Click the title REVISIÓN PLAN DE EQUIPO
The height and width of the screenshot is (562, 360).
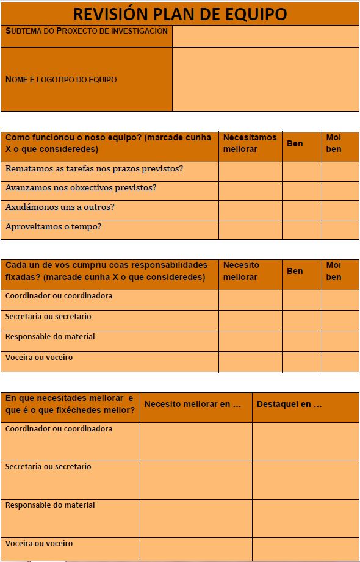(x=180, y=13)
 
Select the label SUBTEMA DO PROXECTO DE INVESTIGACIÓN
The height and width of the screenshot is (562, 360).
(x=86, y=31)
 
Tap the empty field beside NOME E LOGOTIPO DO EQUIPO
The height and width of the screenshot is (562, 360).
(x=265, y=79)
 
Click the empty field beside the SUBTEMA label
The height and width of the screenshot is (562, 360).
(x=265, y=36)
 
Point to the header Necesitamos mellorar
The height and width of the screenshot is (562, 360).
(x=250, y=143)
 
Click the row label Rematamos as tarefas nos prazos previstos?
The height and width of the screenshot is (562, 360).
(x=94, y=168)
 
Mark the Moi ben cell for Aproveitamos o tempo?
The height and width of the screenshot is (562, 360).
(x=340, y=229)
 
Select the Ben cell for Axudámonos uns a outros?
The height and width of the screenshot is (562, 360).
(x=301, y=210)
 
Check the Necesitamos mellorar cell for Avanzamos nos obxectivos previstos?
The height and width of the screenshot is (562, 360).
(x=250, y=190)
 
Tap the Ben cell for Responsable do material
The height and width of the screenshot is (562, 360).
(x=301, y=341)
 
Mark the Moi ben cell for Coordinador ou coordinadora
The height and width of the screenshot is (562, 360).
(x=340, y=300)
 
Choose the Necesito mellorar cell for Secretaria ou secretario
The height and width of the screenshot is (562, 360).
(x=250, y=320)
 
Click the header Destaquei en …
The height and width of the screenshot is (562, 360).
(x=289, y=404)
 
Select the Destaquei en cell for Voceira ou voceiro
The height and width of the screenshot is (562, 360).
(x=305, y=549)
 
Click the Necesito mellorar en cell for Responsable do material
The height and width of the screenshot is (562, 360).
(x=196, y=518)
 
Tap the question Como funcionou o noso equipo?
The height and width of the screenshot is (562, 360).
(x=74, y=138)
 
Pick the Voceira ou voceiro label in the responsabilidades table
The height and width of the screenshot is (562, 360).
(x=39, y=358)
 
